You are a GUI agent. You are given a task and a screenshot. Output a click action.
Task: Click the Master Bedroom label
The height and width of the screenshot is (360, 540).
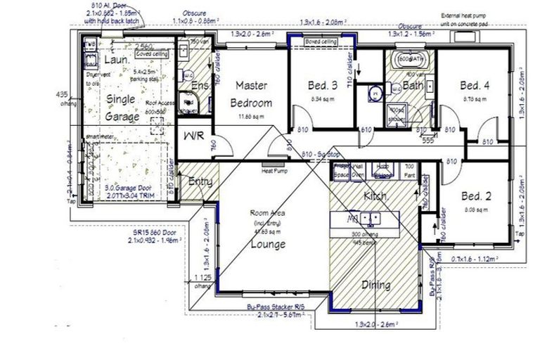[250, 94]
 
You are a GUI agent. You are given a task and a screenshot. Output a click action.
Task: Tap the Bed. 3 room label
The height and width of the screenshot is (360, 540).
[323, 86]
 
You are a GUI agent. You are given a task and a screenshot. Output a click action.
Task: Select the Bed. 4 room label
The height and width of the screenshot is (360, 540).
[475, 86]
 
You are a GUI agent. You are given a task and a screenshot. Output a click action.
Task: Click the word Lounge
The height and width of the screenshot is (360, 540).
[269, 245]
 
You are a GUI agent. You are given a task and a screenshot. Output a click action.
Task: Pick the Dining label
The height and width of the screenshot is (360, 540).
[376, 285]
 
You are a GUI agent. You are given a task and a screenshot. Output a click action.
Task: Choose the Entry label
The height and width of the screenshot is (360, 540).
[200, 182]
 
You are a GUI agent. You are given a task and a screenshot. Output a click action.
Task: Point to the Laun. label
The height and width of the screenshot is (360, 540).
[121, 60]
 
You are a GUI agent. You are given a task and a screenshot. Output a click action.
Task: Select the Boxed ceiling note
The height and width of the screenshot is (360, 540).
[320, 42]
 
